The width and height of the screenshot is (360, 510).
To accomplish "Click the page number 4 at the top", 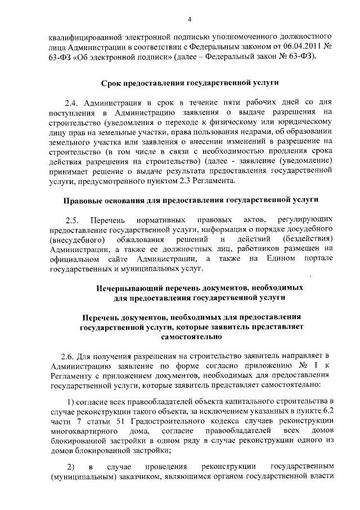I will tap(190, 20).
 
